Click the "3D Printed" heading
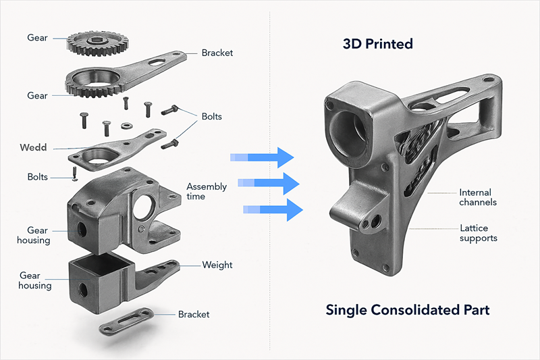click(x=377, y=45)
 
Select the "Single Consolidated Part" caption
click(x=407, y=310)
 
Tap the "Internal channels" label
click(x=478, y=197)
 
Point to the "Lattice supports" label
click(x=478, y=233)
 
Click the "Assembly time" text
click(x=207, y=191)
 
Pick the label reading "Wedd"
click(x=33, y=147)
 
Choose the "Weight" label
click(x=217, y=265)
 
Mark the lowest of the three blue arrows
click(x=273, y=209)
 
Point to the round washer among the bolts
click(x=126, y=125)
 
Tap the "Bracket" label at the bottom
click(x=194, y=314)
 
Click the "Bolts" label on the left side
click(x=37, y=177)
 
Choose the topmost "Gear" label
click(x=37, y=38)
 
